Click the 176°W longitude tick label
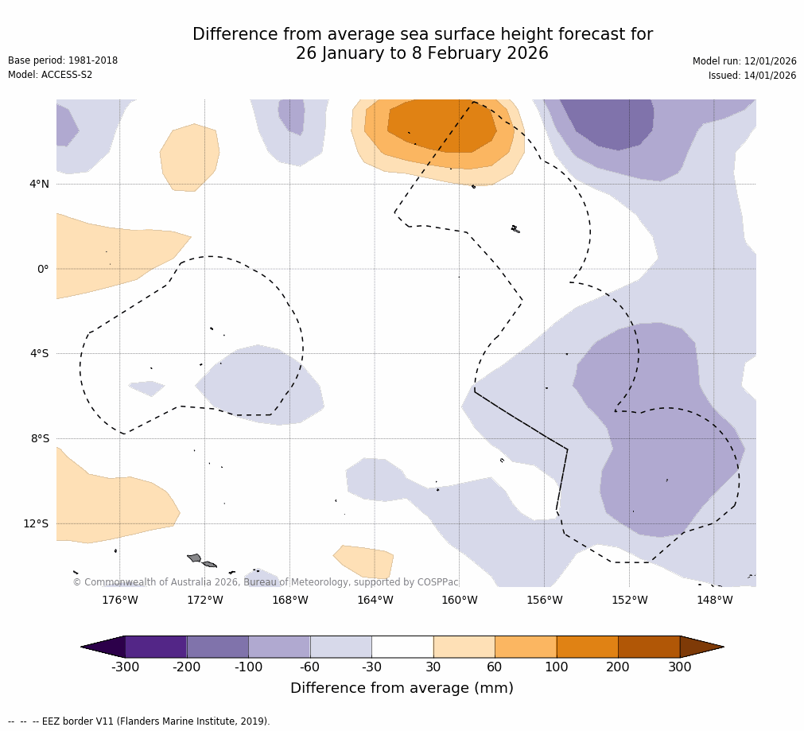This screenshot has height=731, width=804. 119,600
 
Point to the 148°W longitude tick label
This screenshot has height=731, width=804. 714,600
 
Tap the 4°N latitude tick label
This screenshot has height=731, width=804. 39,184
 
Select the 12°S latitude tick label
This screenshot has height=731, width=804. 36,523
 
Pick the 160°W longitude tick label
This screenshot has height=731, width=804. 460,600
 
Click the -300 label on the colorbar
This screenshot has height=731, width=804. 125,667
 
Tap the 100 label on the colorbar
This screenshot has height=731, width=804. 556,667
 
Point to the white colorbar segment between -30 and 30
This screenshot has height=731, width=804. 402,647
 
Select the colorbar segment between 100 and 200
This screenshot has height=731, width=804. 587,647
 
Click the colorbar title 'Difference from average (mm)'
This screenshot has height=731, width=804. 402,688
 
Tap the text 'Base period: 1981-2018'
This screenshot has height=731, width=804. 63,60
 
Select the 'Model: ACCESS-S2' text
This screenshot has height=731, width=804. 50,75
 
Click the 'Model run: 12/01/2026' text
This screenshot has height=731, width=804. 744,61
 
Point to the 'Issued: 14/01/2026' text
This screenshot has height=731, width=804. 752,76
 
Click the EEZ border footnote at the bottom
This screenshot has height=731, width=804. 139,721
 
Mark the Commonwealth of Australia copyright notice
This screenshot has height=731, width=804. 266,582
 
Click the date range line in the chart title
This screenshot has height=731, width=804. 422,53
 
